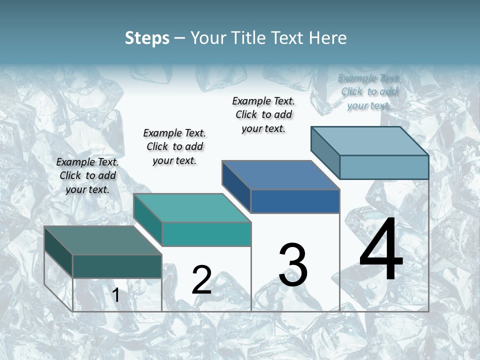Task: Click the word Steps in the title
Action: (x=147, y=38)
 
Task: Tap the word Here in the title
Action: (x=328, y=38)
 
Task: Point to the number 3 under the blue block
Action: (x=292, y=265)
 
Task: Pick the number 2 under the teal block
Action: (x=202, y=280)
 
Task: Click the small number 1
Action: (x=116, y=295)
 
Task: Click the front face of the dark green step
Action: (x=117, y=266)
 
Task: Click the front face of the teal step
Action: (x=206, y=234)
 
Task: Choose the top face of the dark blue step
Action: (x=280, y=175)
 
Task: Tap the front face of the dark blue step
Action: (x=295, y=201)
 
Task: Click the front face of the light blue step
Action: (x=384, y=167)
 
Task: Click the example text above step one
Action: (x=87, y=175)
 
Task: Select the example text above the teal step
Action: (x=174, y=146)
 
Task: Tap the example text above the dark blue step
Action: (x=263, y=114)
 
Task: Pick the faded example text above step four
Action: (x=369, y=91)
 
